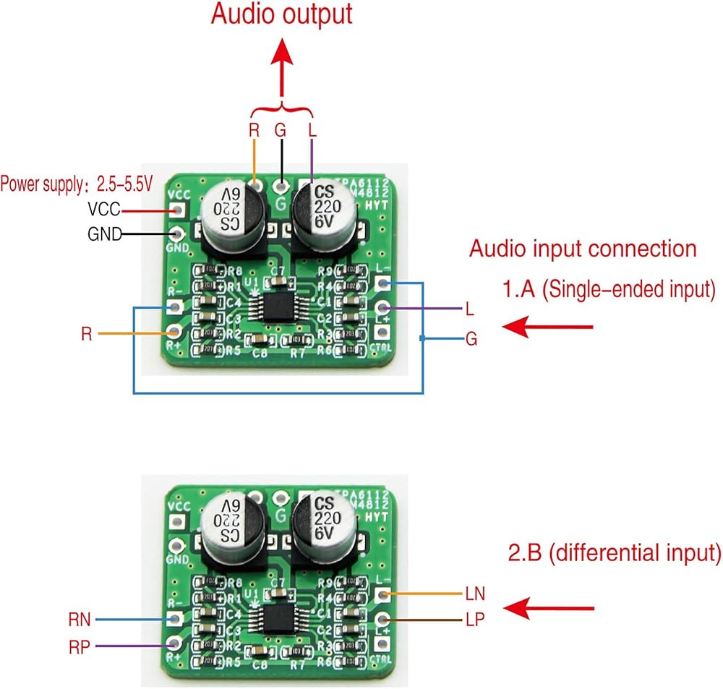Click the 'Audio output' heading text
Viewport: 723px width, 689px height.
tap(282, 14)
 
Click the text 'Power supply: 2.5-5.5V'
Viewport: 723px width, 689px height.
tap(77, 184)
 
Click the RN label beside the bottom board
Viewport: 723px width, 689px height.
tap(80, 619)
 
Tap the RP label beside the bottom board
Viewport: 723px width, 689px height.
tap(80, 648)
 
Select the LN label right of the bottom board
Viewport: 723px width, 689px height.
tap(476, 594)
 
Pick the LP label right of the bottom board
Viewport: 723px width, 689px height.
tap(475, 620)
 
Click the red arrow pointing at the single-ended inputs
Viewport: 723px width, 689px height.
tap(547, 328)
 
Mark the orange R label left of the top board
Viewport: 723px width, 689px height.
tap(87, 334)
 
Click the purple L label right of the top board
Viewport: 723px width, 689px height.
tap(471, 309)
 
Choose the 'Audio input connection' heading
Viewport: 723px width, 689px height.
tap(583, 249)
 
